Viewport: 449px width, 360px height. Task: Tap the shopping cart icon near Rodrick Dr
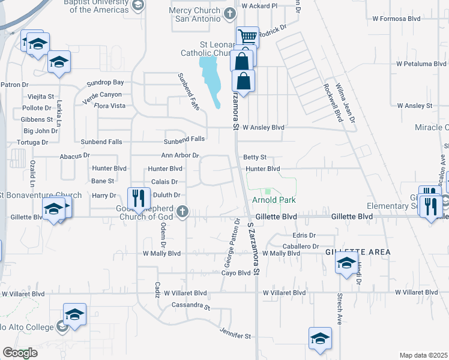[x=247, y=36]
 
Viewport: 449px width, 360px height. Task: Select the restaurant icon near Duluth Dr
[x=138, y=197]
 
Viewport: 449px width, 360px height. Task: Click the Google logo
[x=20, y=353]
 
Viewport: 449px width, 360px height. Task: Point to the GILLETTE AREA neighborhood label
[x=358, y=252]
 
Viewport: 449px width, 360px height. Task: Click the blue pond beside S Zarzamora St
[x=212, y=77]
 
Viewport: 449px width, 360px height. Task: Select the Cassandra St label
[x=191, y=305]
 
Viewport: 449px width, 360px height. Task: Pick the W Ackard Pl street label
[x=259, y=5]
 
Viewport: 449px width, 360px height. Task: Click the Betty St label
[x=255, y=157]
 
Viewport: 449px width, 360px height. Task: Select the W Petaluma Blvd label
[x=418, y=64]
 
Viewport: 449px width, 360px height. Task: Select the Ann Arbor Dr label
[x=179, y=156]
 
